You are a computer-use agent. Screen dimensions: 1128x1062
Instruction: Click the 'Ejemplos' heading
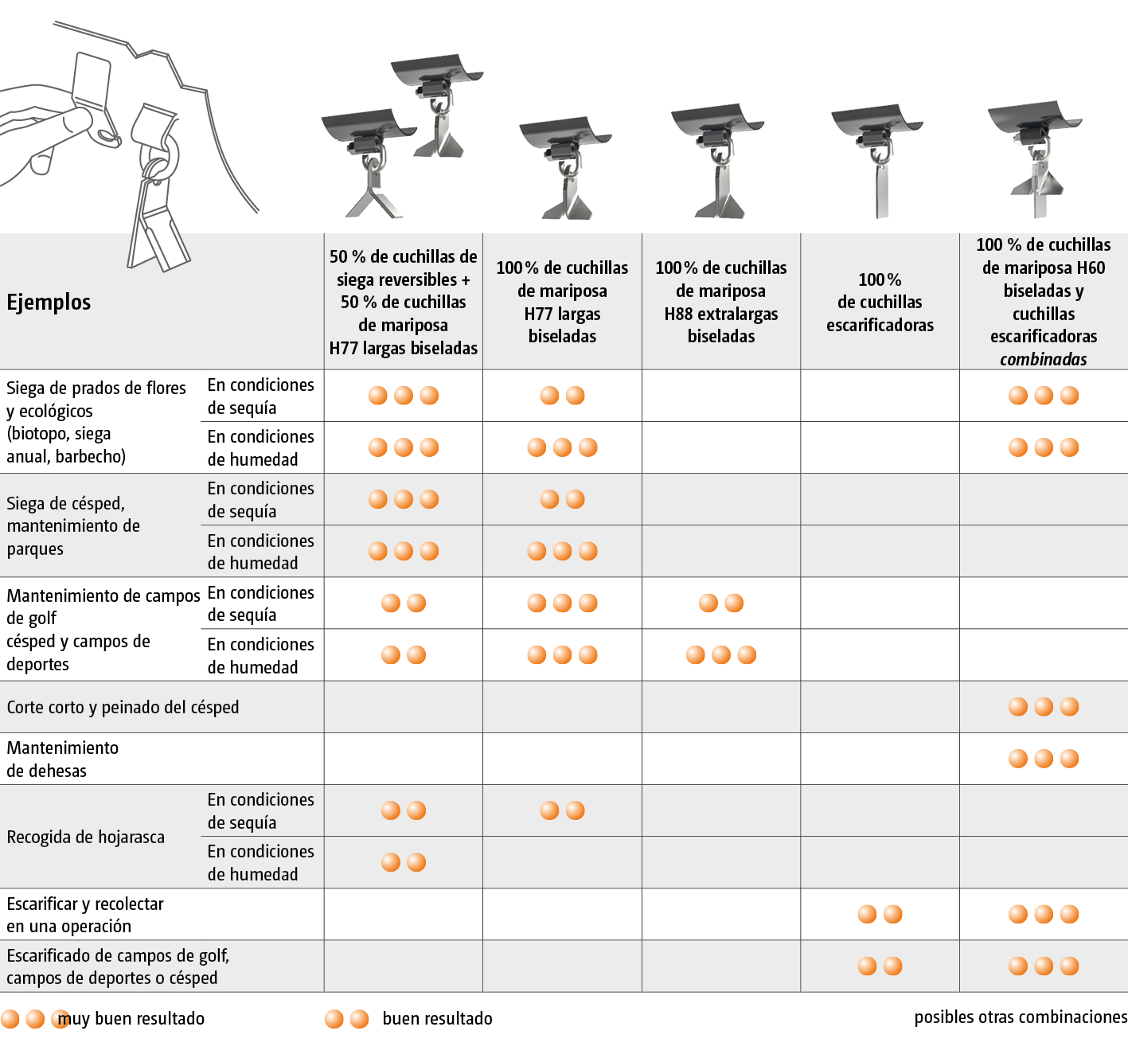(x=49, y=303)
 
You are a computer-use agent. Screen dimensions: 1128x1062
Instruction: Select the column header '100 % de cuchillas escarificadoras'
(x=880, y=303)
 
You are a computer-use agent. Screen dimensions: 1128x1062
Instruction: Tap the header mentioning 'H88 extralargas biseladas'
(x=720, y=303)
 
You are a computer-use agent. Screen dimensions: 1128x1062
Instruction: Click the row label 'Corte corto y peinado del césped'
(x=123, y=708)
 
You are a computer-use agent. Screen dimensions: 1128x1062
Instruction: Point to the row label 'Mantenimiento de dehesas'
(x=62, y=759)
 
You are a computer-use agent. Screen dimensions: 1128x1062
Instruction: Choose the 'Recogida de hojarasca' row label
(x=86, y=837)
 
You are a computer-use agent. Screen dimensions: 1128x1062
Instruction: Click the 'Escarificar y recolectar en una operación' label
(x=85, y=915)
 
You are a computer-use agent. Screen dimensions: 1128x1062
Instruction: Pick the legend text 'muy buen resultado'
(x=131, y=1019)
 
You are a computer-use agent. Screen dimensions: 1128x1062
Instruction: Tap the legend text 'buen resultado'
(x=437, y=1019)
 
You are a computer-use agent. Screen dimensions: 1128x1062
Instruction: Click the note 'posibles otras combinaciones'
(x=1021, y=1017)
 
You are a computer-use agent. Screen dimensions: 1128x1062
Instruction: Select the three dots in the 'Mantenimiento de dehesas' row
(x=1044, y=759)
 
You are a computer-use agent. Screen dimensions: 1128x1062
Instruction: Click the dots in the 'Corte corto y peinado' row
(x=1044, y=707)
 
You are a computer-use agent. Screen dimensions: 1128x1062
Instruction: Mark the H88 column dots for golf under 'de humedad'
(x=720, y=654)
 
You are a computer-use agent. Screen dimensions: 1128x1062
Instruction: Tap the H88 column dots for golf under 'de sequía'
(x=720, y=603)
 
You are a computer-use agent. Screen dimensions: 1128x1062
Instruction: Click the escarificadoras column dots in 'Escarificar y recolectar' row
(x=880, y=914)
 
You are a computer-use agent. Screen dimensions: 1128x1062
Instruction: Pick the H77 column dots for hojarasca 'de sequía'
(x=562, y=810)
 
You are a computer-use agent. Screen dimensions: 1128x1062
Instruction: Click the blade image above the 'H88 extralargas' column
(x=718, y=161)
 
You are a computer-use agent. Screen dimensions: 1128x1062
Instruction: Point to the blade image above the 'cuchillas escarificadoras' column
(x=877, y=161)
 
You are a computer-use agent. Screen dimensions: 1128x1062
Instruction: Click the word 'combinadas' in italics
(x=1044, y=360)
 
